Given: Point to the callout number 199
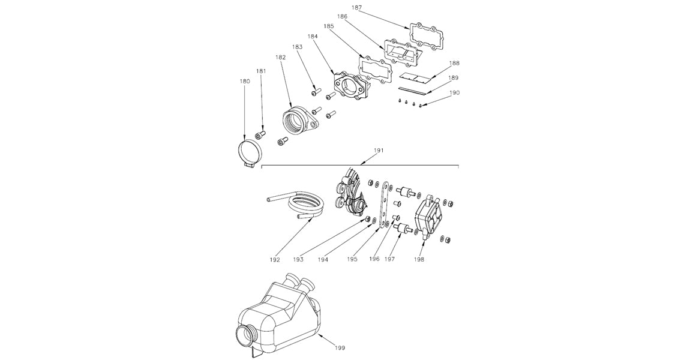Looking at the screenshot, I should coord(339,347).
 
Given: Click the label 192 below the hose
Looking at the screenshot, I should coord(275,260).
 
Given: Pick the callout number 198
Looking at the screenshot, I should coord(419,260).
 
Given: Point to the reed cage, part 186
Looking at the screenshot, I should coord(404,54).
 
